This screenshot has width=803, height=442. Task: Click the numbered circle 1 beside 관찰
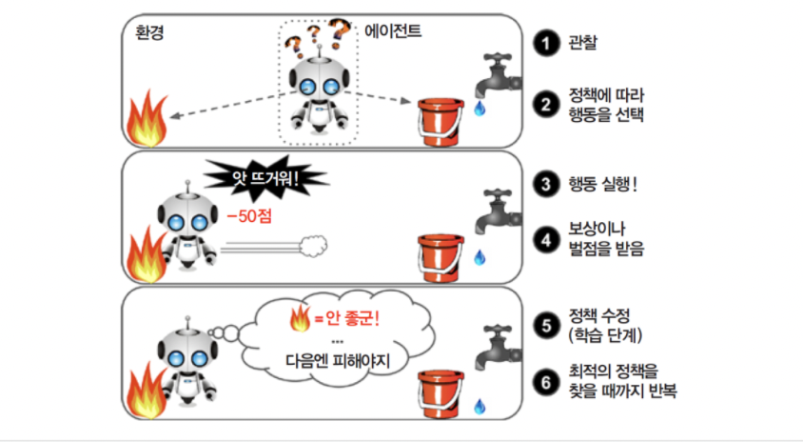(x=544, y=43)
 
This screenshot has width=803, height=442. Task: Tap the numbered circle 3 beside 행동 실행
(x=544, y=185)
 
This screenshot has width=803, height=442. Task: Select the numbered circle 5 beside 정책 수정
(x=544, y=326)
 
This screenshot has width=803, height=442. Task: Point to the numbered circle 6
(x=544, y=380)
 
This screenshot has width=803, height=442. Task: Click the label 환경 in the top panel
(x=151, y=30)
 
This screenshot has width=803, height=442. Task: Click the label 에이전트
(x=393, y=30)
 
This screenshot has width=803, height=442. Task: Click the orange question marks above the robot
(x=319, y=35)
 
